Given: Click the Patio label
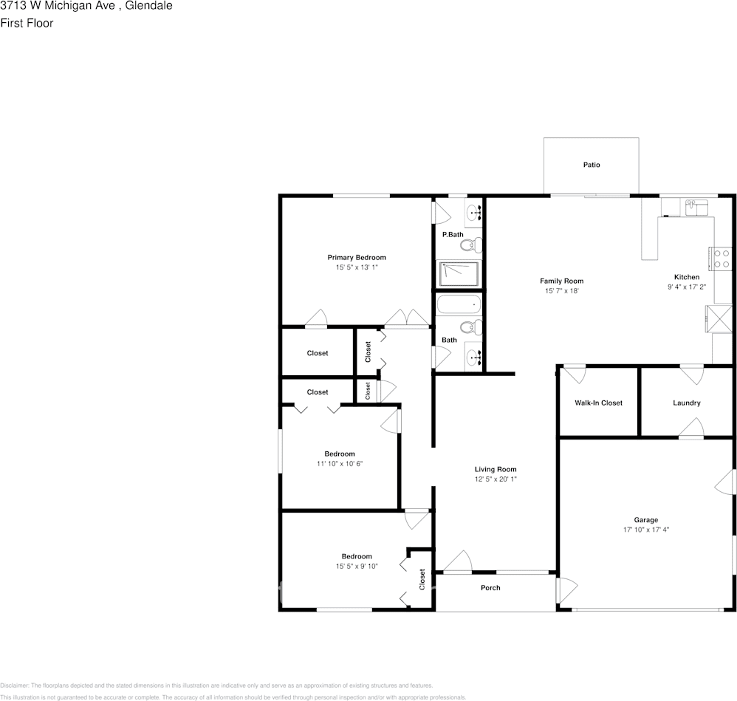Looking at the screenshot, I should tap(591, 165).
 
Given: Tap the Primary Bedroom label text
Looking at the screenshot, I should tap(357, 257).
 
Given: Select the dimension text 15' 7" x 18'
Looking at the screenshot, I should tap(561, 291).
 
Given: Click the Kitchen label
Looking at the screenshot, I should tap(686, 277).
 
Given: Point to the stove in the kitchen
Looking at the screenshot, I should tap(721, 258).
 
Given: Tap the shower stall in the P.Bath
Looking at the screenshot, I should tap(459, 273).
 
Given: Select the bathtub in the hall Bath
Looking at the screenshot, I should tap(459, 304).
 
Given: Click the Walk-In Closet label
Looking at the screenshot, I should tap(598, 403).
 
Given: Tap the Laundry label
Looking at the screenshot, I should tap(686, 403).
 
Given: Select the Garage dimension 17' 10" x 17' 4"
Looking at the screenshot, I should tap(645, 530).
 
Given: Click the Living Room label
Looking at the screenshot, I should tap(495, 469).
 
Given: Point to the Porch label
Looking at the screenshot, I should tap(490, 588).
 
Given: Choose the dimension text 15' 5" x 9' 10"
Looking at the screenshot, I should tap(356, 567).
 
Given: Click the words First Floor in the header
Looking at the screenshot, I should tap(27, 23).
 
